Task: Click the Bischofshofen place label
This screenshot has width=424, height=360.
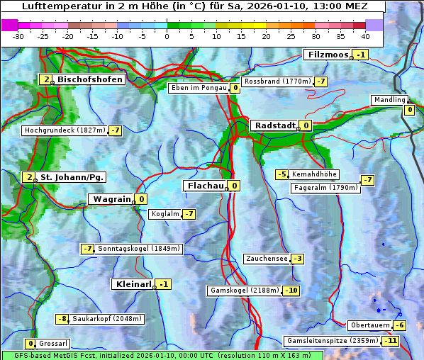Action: coord(90,79)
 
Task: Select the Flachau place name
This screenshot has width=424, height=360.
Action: coord(204,186)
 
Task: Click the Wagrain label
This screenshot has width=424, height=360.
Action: coord(112,200)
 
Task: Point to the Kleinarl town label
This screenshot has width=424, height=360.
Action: coord(133,284)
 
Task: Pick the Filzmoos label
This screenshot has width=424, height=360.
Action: coord(328,55)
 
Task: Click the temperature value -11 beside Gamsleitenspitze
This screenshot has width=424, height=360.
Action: coord(391,341)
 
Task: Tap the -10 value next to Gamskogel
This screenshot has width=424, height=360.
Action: coord(291,291)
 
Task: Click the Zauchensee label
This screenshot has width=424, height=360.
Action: coord(267,259)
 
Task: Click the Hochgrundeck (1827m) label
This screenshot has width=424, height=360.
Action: coord(65,130)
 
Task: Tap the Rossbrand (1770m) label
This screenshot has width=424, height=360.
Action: coord(277,81)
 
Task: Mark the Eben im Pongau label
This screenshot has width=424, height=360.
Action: coord(199,88)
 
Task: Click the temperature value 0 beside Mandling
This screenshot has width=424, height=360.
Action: coord(409,110)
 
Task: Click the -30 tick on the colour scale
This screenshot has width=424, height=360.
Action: coord(19,35)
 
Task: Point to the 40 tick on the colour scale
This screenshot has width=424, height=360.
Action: coord(365,35)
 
